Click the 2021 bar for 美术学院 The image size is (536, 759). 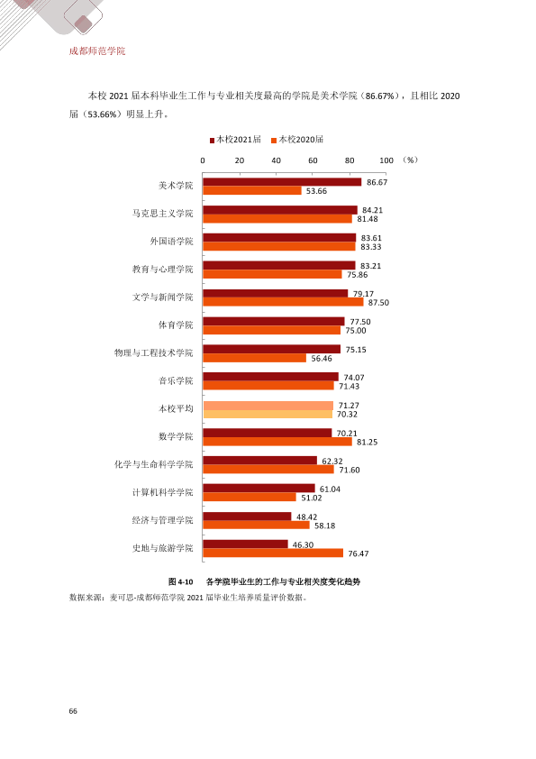(282, 182)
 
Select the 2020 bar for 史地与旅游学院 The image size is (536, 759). (273, 553)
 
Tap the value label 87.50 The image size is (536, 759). (378, 303)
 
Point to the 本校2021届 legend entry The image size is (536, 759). (235, 140)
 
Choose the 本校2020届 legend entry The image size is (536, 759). (297, 140)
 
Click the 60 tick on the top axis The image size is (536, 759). (313, 160)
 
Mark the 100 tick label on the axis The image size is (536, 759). (386, 160)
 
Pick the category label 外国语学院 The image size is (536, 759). (171, 241)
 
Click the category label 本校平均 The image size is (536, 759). (176, 408)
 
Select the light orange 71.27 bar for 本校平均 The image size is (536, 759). (268, 406)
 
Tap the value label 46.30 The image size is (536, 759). (303, 544)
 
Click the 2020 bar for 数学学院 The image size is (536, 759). (277, 442)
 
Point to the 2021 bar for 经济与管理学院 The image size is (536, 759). (247, 517)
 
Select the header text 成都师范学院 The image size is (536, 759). (97, 50)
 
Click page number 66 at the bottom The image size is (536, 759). (73, 710)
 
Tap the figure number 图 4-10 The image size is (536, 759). (180, 581)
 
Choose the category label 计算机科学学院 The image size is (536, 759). (162, 492)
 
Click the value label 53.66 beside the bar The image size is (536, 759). (316, 191)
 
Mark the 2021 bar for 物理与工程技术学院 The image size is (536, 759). (271, 349)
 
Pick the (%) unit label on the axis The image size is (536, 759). (410, 160)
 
